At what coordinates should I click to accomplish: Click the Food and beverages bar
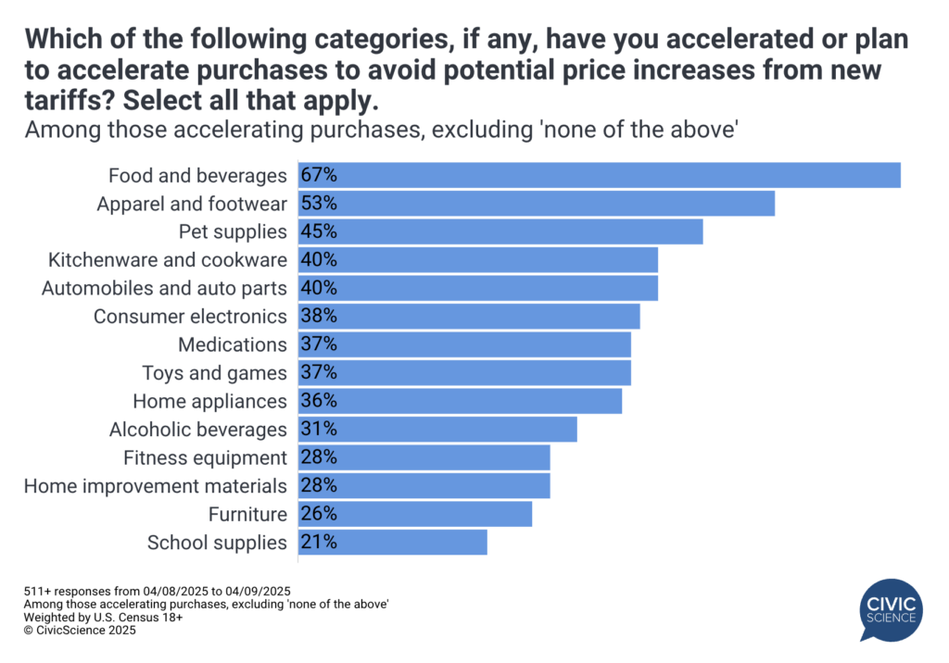[599, 175]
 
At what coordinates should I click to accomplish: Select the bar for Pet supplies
[500, 231]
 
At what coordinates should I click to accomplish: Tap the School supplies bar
[392, 543]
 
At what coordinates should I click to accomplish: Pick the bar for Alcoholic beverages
[437, 430]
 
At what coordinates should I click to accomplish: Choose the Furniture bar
[414, 514]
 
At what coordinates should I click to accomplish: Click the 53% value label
[318, 203]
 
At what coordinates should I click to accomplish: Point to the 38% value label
[318, 317]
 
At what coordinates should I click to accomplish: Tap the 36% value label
[318, 401]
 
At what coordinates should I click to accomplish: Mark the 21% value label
[318, 543]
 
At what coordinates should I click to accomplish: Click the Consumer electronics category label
[190, 317]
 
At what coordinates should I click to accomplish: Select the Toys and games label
[214, 373]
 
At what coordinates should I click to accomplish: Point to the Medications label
[232, 344]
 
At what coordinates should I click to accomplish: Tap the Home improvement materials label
[155, 486]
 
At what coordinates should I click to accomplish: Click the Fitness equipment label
[205, 457]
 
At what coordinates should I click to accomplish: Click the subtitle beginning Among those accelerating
[381, 131]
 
